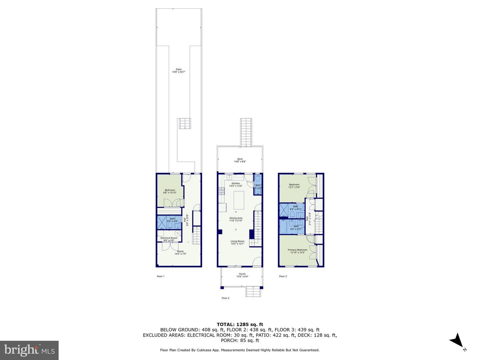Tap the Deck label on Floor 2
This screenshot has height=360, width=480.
tap(240, 160)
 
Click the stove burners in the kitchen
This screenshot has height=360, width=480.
tap(221, 191)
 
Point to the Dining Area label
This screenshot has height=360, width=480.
tap(236, 219)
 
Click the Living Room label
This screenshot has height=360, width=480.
tap(237, 242)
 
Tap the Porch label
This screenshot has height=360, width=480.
tap(242, 275)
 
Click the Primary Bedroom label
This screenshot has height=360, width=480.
tap(297, 251)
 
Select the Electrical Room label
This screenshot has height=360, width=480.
tap(169, 239)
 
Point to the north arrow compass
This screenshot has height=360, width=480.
tap(456, 341)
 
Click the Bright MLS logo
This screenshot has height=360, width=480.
tap(29, 350)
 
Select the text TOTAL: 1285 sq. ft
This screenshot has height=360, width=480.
tap(240, 324)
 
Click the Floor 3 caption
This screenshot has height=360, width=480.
tap(283, 276)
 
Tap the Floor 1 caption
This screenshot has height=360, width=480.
tap(161, 276)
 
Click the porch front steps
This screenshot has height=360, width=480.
tap(253, 292)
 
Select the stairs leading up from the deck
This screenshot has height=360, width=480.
tap(246, 132)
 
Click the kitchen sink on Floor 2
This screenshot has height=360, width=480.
tap(230, 177)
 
